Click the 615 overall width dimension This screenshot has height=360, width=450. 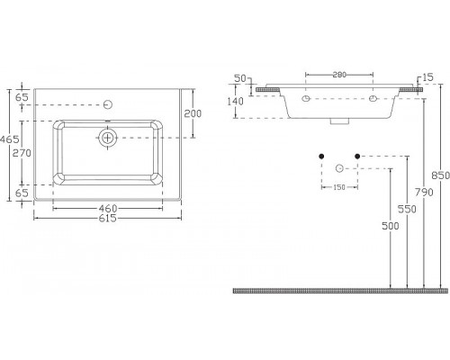pos(107,218)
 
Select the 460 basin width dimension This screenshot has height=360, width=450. pos(108,208)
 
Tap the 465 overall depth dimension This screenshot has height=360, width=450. pos(10,139)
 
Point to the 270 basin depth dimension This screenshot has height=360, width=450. pos(22,153)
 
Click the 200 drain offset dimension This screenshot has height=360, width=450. pos(193,113)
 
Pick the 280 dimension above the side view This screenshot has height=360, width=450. pos(339,75)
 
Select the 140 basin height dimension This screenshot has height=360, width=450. pos(236,102)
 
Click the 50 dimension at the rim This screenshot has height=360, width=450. pos(240,78)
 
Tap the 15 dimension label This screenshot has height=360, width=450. pos(428,77)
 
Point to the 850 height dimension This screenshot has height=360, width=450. pos(440,175)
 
